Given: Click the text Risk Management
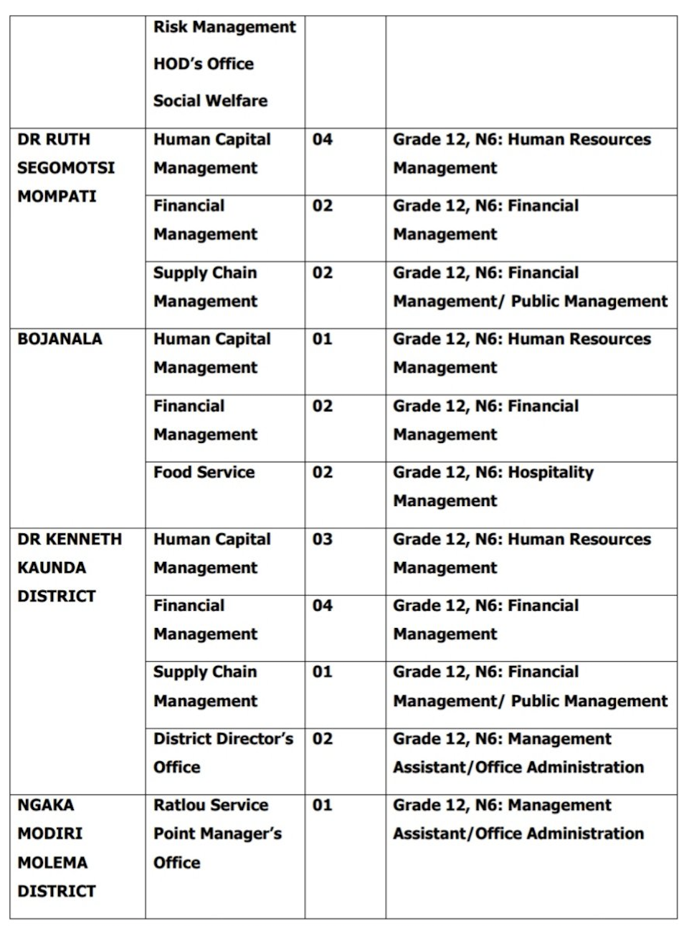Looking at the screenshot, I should click(x=224, y=27).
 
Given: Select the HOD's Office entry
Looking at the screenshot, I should click(x=203, y=64).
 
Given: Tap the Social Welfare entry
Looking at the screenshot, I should click(x=210, y=101).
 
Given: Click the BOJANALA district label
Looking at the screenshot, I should click(x=60, y=339).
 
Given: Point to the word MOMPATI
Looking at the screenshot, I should click(x=57, y=196).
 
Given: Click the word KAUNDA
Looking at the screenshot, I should click(x=52, y=568).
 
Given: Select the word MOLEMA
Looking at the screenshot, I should click(x=52, y=862).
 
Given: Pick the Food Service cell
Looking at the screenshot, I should click(x=204, y=472).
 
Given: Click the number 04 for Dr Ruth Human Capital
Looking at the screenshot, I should click(x=323, y=140).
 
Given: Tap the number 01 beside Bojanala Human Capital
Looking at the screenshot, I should click(x=323, y=339).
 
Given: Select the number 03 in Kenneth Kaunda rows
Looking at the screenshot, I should click(x=323, y=539).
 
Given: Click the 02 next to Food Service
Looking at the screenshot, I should click(x=323, y=472).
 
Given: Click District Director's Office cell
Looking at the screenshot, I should click(x=223, y=753).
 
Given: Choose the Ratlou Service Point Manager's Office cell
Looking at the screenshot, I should click(x=217, y=834).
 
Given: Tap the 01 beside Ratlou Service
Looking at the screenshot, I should click(x=323, y=805).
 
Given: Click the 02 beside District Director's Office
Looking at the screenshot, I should click(x=323, y=739).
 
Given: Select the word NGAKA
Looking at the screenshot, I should click(x=45, y=805).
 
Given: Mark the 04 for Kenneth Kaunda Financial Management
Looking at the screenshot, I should click(x=323, y=606).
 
